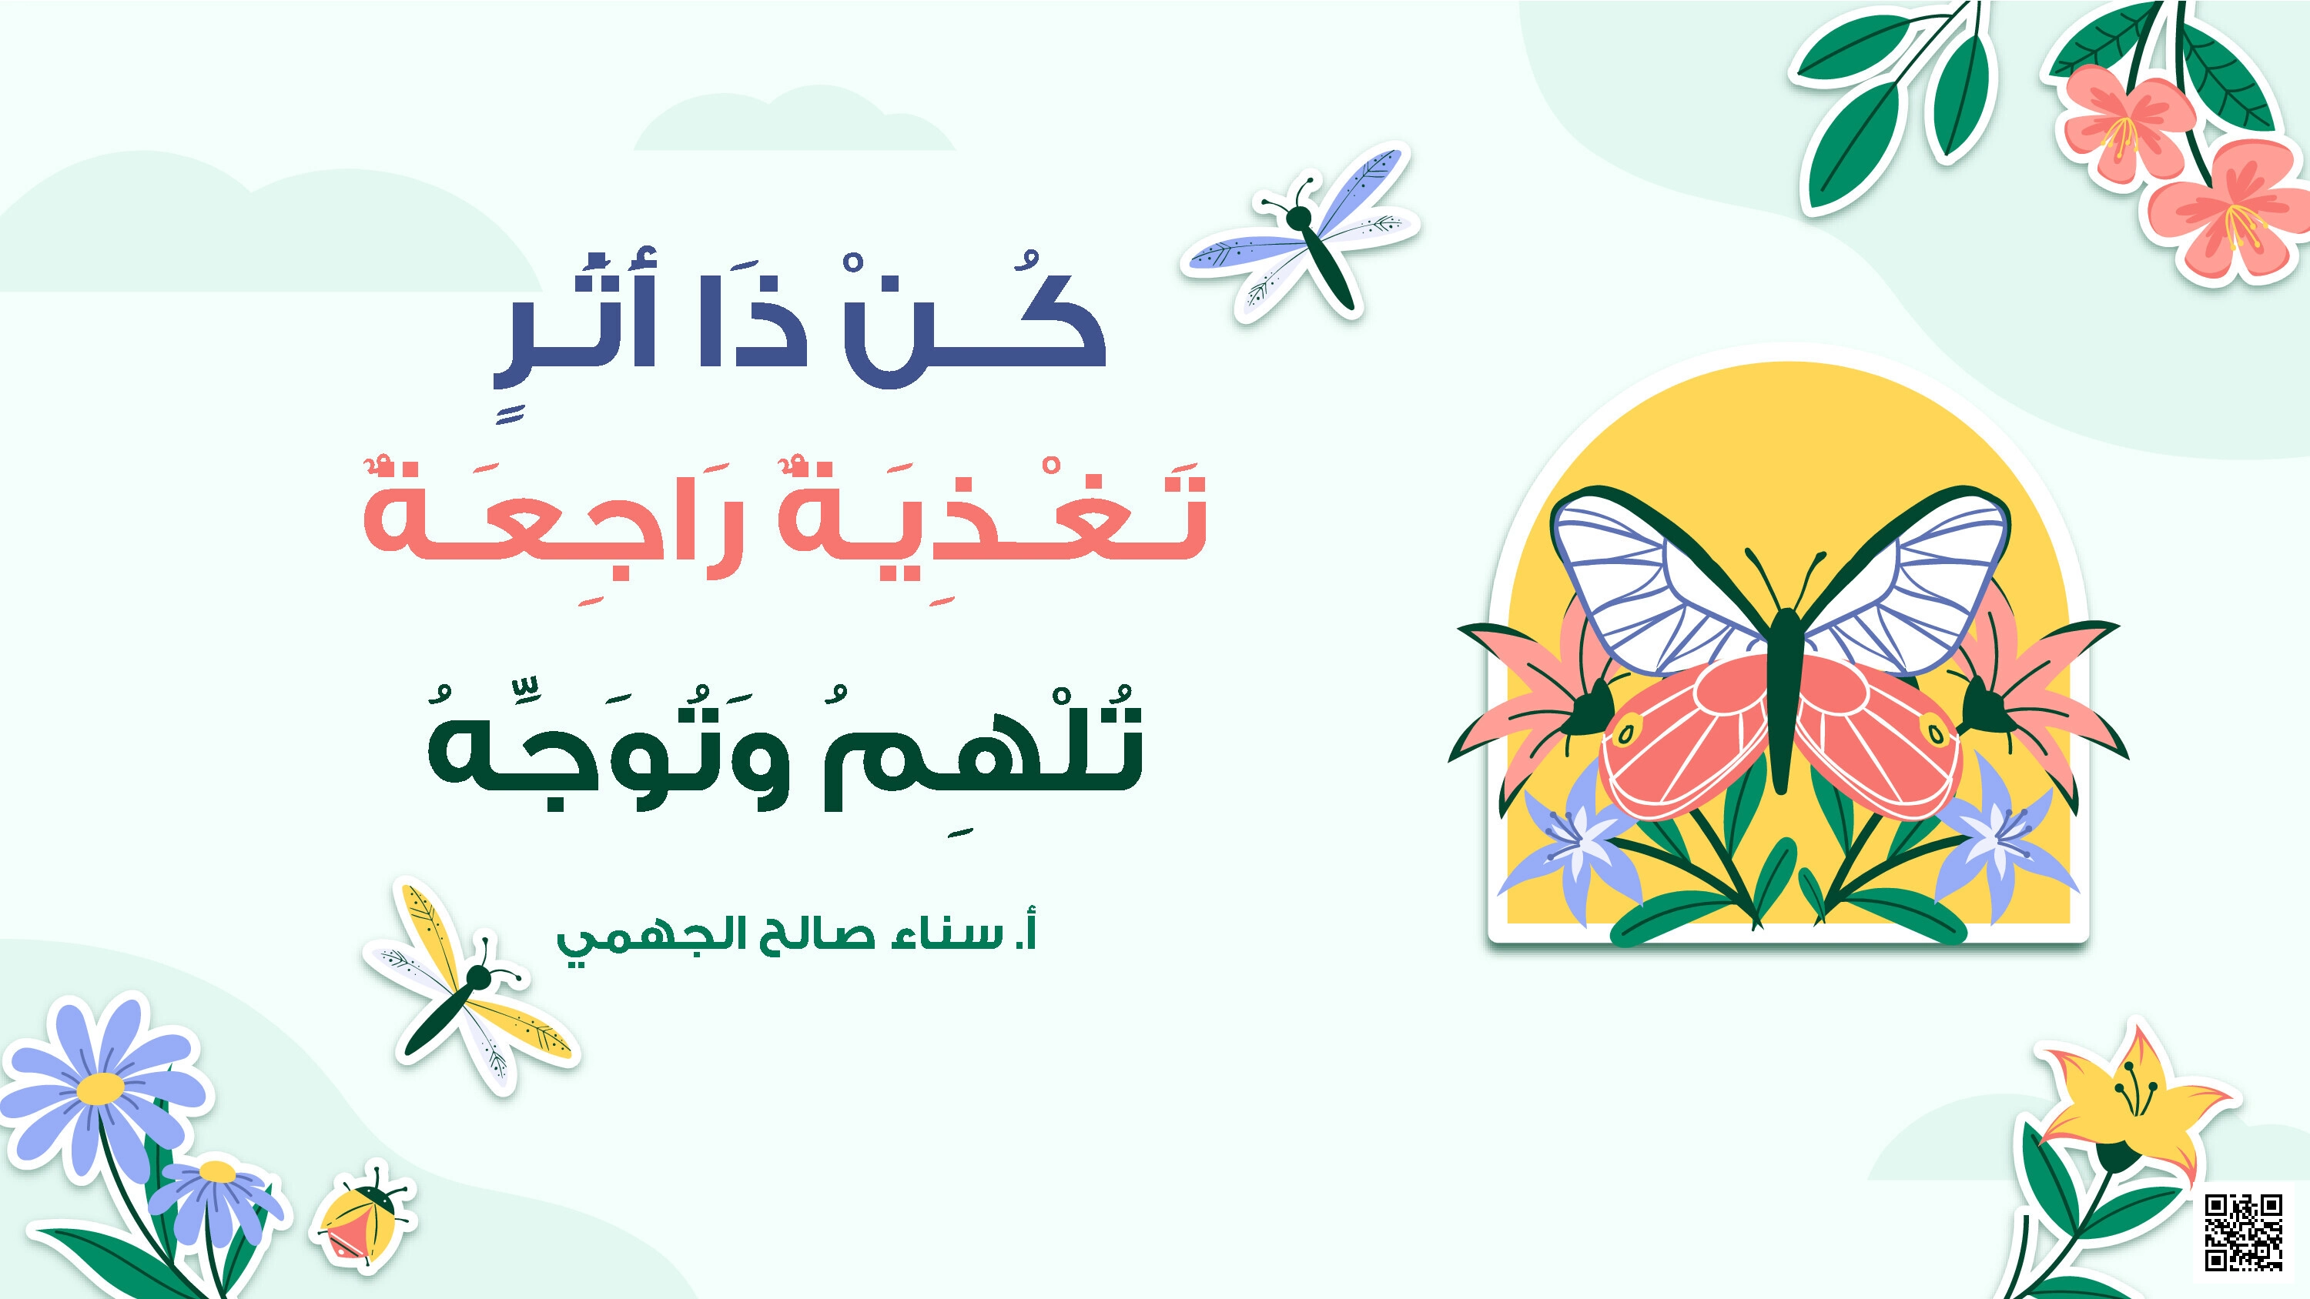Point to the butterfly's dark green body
coord(1782,700)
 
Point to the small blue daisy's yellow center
coord(217,1173)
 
